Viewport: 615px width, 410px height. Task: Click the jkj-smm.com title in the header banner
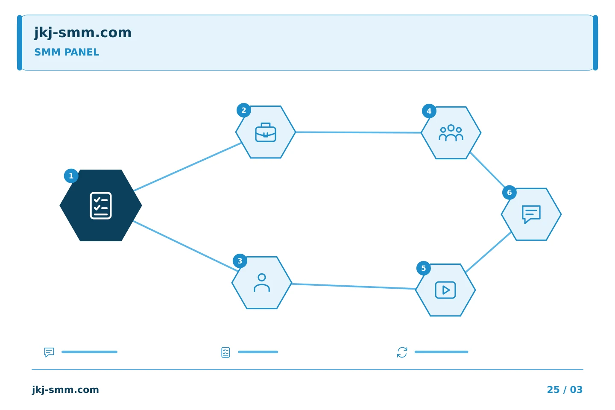pos(83,33)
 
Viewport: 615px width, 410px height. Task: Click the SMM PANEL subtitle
pos(67,52)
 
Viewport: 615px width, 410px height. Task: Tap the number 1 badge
pos(71,176)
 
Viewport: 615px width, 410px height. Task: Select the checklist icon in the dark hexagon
pos(101,206)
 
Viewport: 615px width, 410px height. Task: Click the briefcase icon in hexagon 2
pos(266,132)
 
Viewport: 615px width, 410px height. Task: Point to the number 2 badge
pos(243,110)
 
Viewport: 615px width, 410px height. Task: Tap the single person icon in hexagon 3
pos(262,283)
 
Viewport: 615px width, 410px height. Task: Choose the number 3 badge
pos(240,261)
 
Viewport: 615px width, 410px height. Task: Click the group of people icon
pos(451,133)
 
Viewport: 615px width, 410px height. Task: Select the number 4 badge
pos(429,111)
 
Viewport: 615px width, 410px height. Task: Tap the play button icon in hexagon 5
pos(445,290)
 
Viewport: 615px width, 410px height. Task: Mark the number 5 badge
pos(423,268)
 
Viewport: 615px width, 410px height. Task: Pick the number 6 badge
pos(509,193)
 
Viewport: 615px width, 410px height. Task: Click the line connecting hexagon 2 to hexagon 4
pos(358,132)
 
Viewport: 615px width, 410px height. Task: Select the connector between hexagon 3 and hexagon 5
pos(354,287)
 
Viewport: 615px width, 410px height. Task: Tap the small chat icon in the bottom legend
pos(49,352)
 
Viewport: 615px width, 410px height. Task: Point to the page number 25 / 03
pos(565,389)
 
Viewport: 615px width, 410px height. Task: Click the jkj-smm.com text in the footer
pos(65,389)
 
